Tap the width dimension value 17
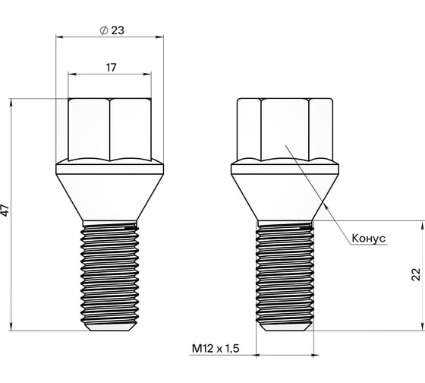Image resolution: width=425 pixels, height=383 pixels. pos(110,68)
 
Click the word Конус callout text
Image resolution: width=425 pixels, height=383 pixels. pos(369,238)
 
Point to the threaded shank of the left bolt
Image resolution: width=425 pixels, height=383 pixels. pos(110,274)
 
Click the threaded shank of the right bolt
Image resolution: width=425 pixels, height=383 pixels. pos(285,274)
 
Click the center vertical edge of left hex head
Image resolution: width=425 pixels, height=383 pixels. pos(110,129)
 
